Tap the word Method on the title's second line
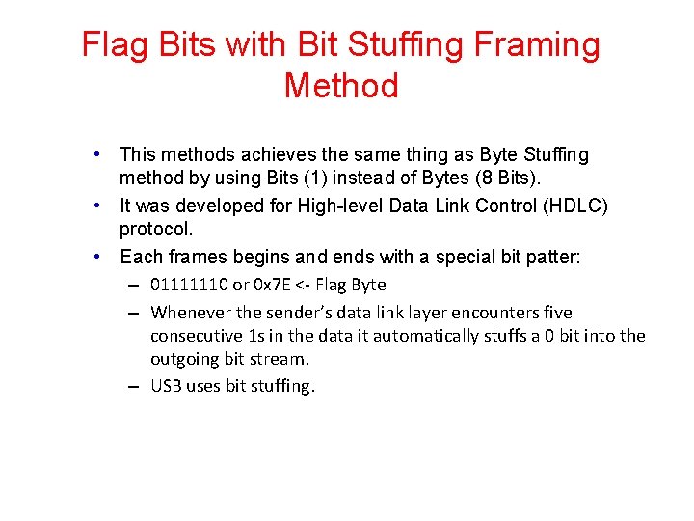[x=341, y=86]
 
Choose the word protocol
[x=156, y=230]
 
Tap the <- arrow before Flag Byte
[x=302, y=285]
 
